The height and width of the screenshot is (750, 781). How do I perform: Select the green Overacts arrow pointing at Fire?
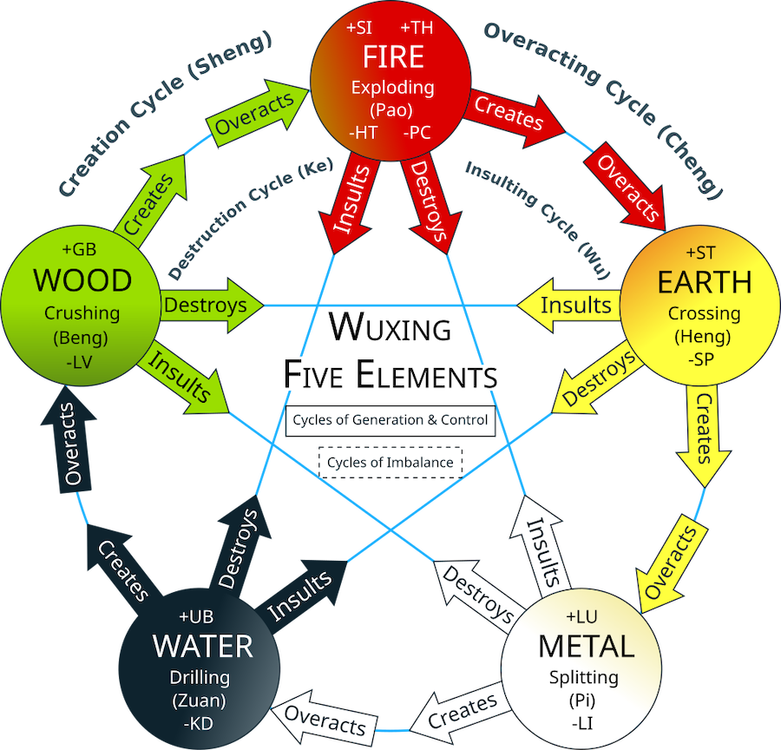pos(255,114)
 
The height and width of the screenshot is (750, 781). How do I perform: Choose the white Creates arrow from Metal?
pos(459,713)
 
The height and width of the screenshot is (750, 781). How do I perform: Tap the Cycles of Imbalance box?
pos(390,463)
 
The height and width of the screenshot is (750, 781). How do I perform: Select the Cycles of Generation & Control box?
pos(390,420)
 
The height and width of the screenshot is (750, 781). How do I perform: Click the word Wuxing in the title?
pos(390,328)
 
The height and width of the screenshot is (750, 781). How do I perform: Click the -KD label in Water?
pos(201,720)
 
